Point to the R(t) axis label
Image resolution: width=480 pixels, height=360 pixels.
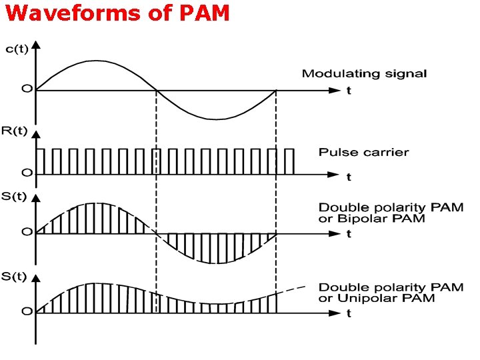(x=15, y=131)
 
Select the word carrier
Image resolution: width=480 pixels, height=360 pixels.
(x=385, y=152)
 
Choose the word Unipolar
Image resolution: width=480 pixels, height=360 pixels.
(x=363, y=298)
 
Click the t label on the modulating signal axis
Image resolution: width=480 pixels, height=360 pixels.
(x=348, y=91)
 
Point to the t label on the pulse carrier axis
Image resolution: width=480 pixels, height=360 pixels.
(x=349, y=177)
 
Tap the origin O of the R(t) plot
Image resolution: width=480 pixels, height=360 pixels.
(x=26, y=173)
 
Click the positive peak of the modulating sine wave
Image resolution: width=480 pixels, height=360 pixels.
(x=95, y=61)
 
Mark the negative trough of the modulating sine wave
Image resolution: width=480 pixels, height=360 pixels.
(x=217, y=119)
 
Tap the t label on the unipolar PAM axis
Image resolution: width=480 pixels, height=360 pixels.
(x=349, y=313)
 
